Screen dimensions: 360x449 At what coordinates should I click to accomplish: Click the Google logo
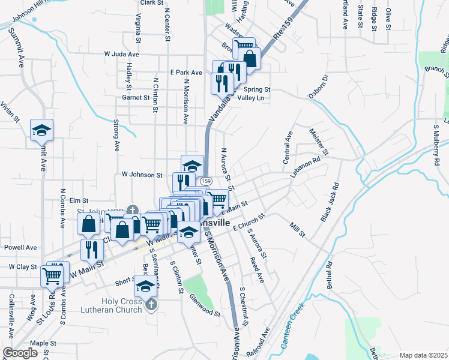point(20,353)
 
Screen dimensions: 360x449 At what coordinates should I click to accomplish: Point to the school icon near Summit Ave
point(42,130)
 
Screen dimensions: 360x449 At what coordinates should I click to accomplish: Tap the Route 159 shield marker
point(206,181)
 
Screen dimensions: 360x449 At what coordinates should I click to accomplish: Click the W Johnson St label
point(142,175)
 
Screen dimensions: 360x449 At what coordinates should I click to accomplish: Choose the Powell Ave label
point(20,247)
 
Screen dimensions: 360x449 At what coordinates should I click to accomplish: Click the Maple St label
point(43,343)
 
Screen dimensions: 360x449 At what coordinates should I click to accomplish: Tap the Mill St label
point(298,229)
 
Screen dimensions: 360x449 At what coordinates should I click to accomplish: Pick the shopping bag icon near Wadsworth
point(250,58)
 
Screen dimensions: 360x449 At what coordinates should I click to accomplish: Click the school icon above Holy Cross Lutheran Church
point(145,286)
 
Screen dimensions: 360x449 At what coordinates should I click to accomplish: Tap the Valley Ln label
point(250,98)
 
